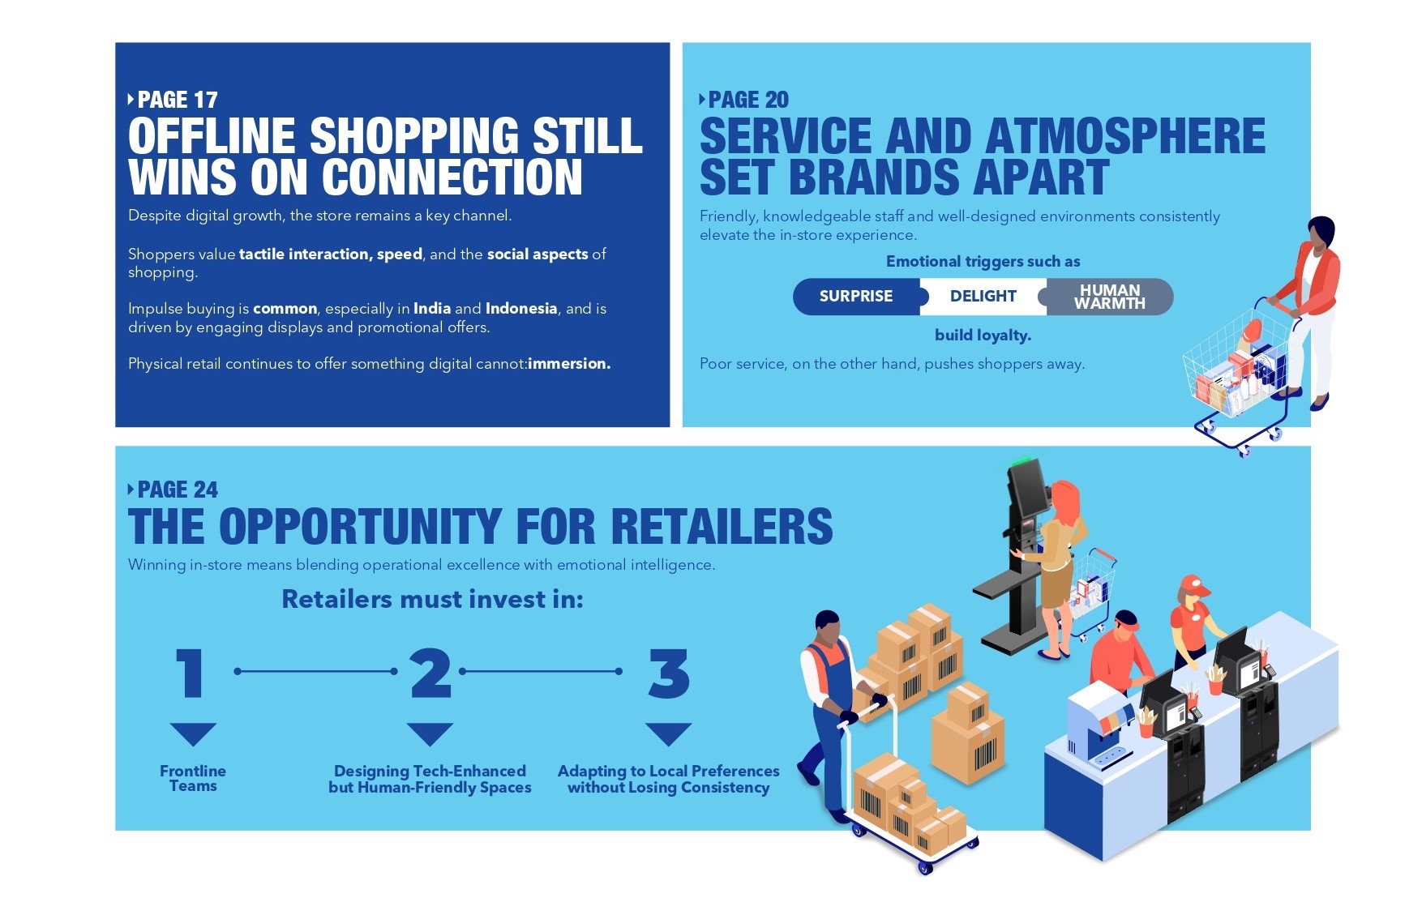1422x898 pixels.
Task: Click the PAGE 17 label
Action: [173, 100]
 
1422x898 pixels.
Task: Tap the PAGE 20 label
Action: [743, 100]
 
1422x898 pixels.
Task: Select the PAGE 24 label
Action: [173, 490]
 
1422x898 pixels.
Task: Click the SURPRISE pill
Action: [856, 297]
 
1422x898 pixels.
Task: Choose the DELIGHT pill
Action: [983, 297]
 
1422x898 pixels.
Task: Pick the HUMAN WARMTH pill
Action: [1110, 297]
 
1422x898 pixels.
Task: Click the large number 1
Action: [191, 673]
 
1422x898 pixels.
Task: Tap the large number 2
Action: [430, 673]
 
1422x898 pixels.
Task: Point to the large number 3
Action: [669, 673]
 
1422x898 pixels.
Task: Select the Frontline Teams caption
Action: [193, 779]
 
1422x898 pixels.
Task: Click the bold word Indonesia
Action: [521, 309]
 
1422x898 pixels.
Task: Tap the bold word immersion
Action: [569, 364]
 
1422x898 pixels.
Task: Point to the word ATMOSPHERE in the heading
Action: [1125, 135]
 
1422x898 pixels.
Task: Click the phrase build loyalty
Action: [983, 336]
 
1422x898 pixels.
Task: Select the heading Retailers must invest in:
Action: [432, 599]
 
